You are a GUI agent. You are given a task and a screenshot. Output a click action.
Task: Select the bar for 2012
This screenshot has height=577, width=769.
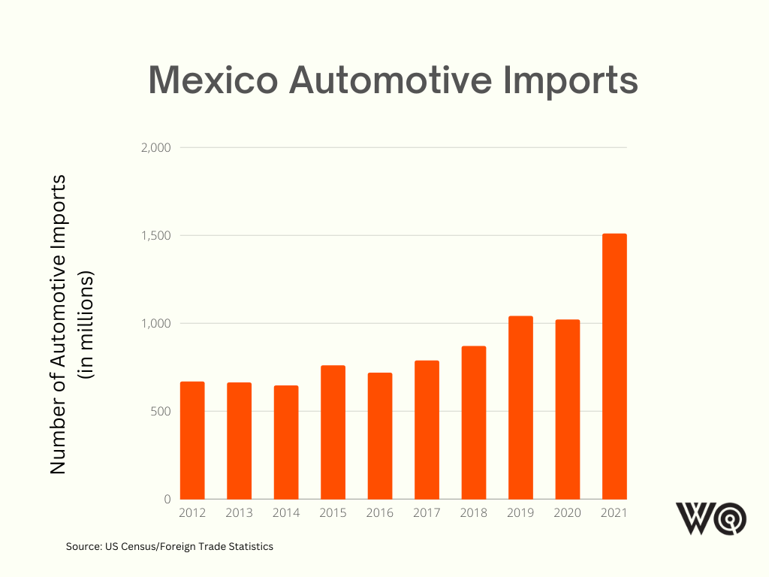pos(192,440)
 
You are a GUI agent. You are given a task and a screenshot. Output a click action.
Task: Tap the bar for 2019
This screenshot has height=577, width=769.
pos(520,408)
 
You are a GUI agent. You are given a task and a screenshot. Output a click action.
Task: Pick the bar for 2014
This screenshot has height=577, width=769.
pos(286,443)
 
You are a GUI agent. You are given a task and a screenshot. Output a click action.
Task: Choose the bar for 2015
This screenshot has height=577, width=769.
pos(333,432)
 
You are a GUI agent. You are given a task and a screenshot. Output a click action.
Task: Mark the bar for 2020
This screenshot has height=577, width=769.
pos(568,409)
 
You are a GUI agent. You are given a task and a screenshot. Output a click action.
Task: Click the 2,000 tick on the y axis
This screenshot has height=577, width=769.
pos(155,148)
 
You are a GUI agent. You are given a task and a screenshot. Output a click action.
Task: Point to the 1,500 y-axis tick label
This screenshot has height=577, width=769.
pos(156,236)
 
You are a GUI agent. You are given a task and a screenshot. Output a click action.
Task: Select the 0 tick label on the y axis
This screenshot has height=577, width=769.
pos(167,500)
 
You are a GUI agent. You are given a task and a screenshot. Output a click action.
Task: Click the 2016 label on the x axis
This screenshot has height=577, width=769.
pos(380,513)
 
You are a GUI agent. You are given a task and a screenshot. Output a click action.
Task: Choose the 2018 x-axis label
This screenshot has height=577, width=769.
pos(474,513)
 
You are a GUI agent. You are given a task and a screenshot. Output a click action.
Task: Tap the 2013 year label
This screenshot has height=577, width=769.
pos(239,513)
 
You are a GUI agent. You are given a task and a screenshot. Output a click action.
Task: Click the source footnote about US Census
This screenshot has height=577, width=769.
pos(170,547)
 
